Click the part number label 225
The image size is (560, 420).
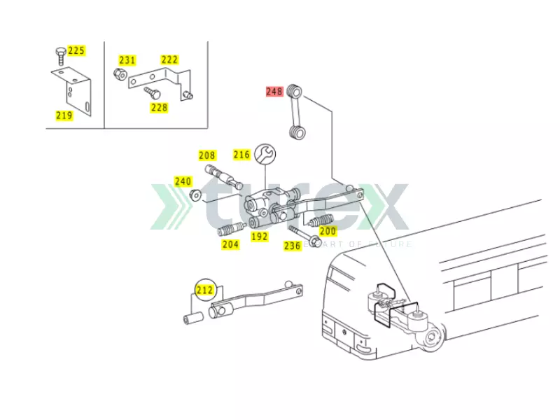click(76, 50)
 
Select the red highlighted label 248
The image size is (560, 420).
click(274, 91)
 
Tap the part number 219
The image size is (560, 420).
click(64, 115)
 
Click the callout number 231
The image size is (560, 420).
click(127, 60)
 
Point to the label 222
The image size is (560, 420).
click(169, 60)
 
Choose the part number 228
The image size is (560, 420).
click(160, 107)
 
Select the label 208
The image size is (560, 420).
click(207, 155)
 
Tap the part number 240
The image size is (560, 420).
click(183, 181)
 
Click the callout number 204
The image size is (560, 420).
click(230, 244)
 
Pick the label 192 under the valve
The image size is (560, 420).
click(260, 237)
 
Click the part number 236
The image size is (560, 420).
click(292, 246)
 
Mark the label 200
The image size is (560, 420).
click(328, 231)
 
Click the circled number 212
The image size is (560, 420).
click(204, 289)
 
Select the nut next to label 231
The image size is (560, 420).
click(120, 74)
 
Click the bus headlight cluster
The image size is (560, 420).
click(327, 330)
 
